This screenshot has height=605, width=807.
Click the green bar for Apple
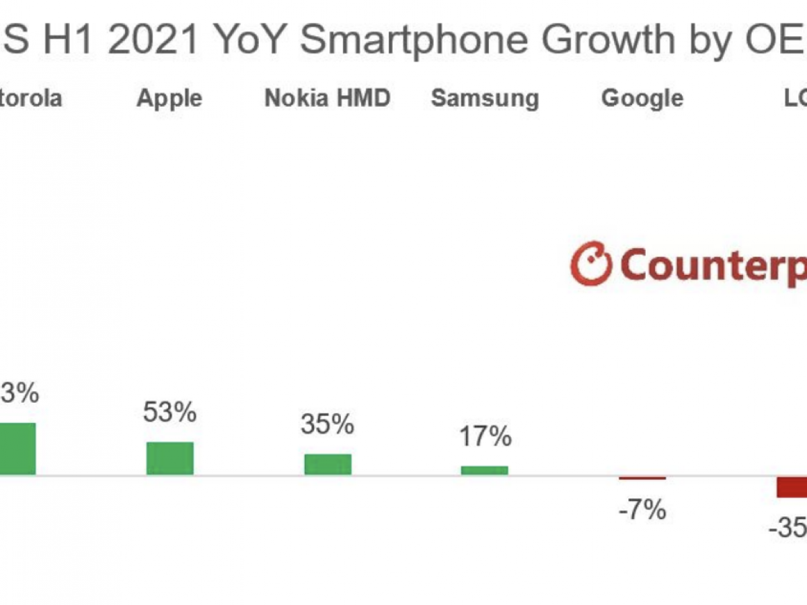pyautogui.click(x=169, y=458)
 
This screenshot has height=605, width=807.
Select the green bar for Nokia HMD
pyautogui.click(x=328, y=465)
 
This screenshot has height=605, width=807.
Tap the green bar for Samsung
pyautogui.click(x=484, y=470)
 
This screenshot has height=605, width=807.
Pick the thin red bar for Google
pyautogui.click(x=642, y=478)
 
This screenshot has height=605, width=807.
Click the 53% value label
pyautogui.click(x=169, y=412)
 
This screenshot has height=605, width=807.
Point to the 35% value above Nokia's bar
pyautogui.click(x=328, y=424)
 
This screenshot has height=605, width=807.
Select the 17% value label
pyautogui.click(x=485, y=437)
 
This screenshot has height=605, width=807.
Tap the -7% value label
pyautogui.click(x=642, y=511)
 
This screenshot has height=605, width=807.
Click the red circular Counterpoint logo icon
pyautogui.click(x=591, y=264)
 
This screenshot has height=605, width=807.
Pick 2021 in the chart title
pyautogui.click(x=154, y=40)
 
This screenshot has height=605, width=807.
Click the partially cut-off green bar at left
pyautogui.click(x=17, y=449)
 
